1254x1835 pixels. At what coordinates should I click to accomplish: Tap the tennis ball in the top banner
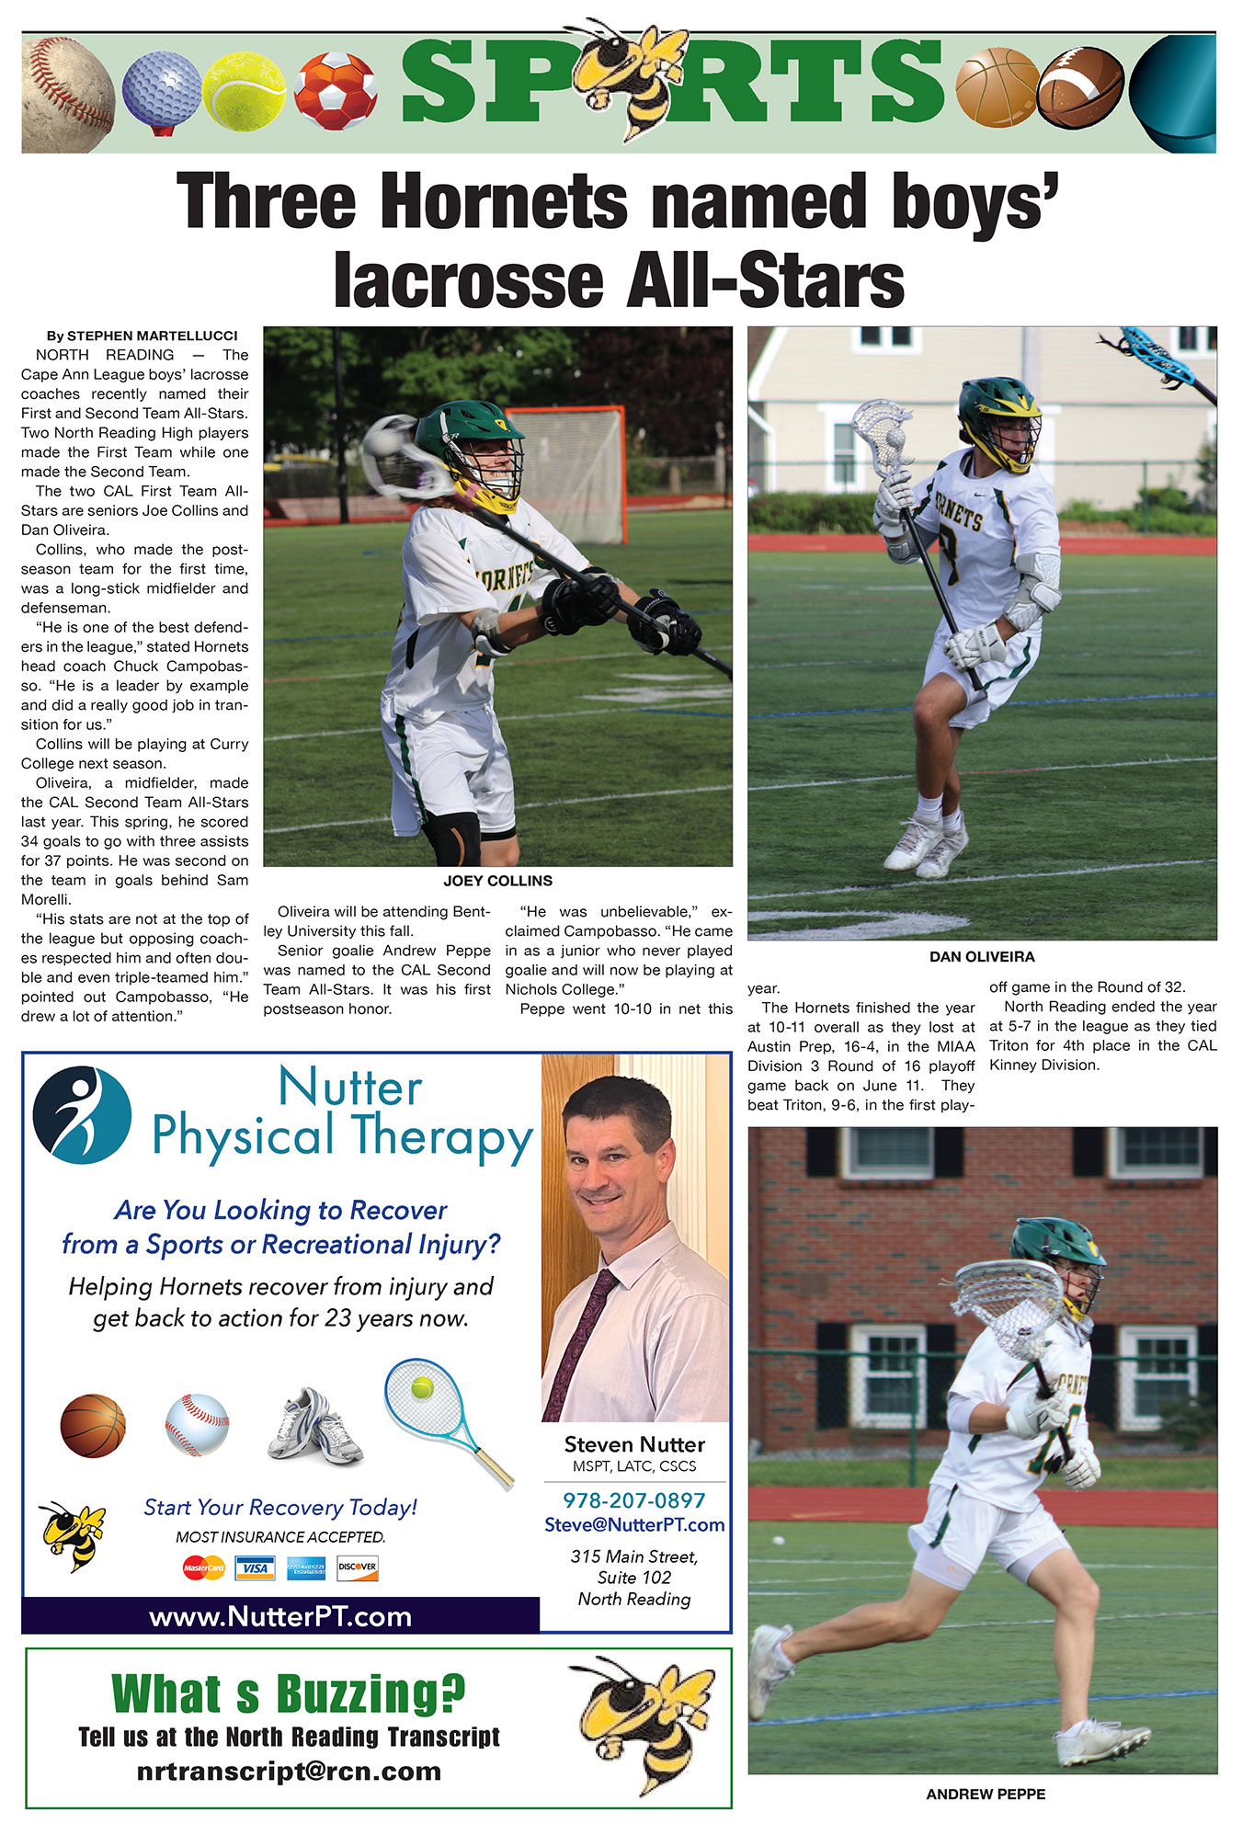[244, 91]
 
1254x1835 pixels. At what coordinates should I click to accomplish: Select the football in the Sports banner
[1080, 87]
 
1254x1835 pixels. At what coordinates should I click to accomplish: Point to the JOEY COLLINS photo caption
[497, 881]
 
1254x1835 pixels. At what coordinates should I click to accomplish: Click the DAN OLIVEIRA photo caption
[982, 957]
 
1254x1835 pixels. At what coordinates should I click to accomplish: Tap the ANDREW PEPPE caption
[986, 1794]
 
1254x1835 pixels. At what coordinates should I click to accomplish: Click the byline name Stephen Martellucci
[152, 336]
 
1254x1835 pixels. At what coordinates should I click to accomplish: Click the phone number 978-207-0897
[633, 1500]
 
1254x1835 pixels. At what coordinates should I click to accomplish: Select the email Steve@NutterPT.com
[634, 1524]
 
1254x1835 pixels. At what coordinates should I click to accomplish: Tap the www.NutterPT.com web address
[280, 1616]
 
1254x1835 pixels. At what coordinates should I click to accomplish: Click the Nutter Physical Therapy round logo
[82, 1115]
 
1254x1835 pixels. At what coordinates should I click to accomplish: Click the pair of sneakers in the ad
[315, 1427]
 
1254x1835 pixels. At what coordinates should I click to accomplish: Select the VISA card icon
[255, 1567]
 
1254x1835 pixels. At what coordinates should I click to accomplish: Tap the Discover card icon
[357, 1567]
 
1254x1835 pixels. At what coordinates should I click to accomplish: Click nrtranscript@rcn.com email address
[289, 1772]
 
